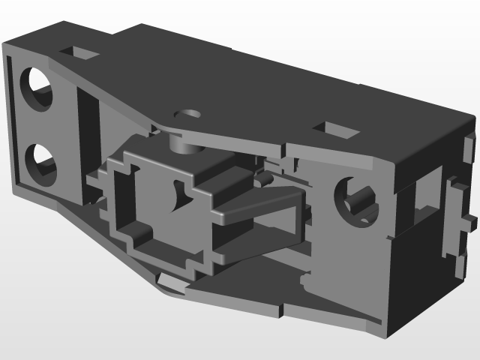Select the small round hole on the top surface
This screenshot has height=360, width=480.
click(x=188, y=115)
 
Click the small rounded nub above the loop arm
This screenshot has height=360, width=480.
click(x=263, y=179)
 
